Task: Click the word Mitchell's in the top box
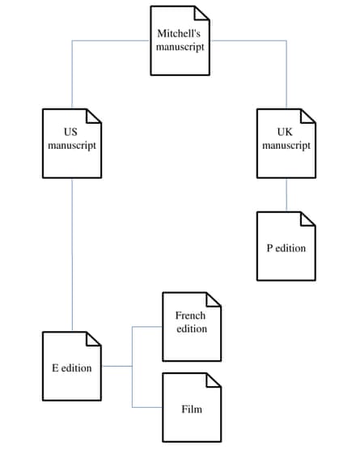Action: click(x=179, y=33)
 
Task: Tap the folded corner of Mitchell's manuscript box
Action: click(x=202, y=13)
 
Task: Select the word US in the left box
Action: click(x=70, y=132)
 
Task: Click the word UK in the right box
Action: click(x=285, y=132)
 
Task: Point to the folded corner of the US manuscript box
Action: click(x=94, y=117)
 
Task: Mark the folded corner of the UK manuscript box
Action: click(x=308, y=117)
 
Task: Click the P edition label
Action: click(x=286, y=248)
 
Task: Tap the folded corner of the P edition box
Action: click(x=308, y=219)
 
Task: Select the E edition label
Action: click(x=72, y=368)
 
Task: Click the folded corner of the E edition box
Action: click(x=94, y=339)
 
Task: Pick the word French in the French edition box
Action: click(x=190, y=316)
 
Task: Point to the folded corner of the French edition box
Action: click(x=214, y=299)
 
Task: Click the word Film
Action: click(x=192, y=409)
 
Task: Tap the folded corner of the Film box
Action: click(x=214, y=380)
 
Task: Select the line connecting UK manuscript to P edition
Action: click(x=286, y=195)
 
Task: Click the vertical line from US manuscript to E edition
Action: click(x=72, y=255)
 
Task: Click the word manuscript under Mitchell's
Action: click(x=180, y=47)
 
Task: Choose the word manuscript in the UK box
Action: click(x=286, y=146)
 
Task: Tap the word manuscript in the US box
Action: click(x=72, y=146)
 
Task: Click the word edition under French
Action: click(x=192, y=329)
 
